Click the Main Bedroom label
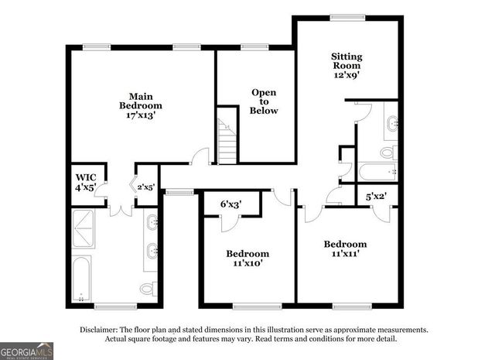point(140,100)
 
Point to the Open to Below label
point(264,101)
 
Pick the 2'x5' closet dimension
point(147,186)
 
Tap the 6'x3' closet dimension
point(230,204)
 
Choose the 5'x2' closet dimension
point(377,197)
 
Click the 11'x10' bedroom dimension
point(247,263)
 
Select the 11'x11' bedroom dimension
point(345,253)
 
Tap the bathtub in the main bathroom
point(81,278)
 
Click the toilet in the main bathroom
point(147,289)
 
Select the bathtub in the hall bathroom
point(377,172)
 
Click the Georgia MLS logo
point(27,350)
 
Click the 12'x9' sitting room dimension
point(346,75)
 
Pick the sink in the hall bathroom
point(391,123)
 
